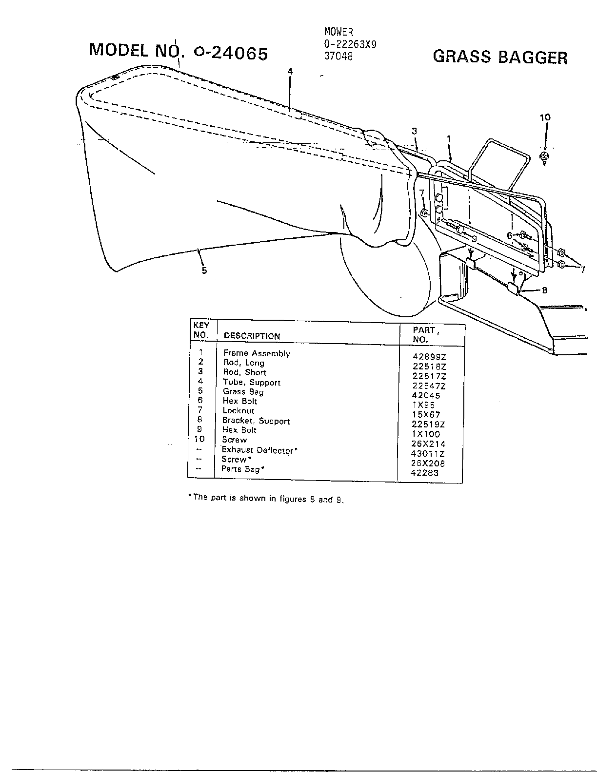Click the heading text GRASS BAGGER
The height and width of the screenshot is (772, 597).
click(x=500, y=57)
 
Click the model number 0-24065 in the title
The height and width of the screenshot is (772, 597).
click(x=231, y=54)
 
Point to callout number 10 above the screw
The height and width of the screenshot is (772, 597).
click(x=545, y=117)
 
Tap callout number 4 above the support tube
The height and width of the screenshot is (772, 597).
click(x=290, y=72)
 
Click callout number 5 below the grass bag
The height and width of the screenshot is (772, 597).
click(x=204, y=270)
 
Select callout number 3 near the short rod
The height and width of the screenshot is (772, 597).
click(x=414, y=131)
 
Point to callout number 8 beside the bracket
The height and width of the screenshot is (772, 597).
click(x=544, y=290)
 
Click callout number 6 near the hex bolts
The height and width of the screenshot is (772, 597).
click(x=510, y=235)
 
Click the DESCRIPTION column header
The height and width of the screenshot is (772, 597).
click(x=252, y=336)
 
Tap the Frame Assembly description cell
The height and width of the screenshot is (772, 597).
click(x=257, y=353)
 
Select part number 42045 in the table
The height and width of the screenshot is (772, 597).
click(x=426, y=395)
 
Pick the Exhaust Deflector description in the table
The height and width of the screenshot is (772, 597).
click(x=259, y=450)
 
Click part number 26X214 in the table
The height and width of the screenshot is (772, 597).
click(x=428, y=444)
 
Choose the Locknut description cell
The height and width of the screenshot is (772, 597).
click(x=238, y=411)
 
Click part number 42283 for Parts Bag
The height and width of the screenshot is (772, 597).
click(x=424, y=473)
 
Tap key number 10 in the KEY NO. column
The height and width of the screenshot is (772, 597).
click(x=199, y=439)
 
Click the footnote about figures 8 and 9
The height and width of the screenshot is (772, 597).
click(x=266, y=498)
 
